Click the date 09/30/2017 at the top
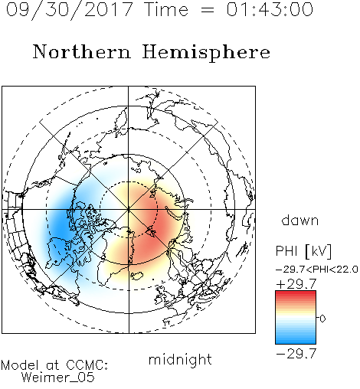tap(70, 9)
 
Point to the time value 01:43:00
tap(270, 9)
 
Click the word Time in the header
tap(166, 9)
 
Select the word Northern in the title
tap(82, 51)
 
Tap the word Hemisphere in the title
tap(206, 53)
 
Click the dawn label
tap(300, 220)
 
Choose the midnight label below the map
tap(180, 359)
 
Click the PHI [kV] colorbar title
tap(303, 251)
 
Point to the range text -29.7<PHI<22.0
tap(317, 270)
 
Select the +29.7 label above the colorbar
tap(296, 284)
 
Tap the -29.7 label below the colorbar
tap(296, 354)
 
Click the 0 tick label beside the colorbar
tap(322, 319)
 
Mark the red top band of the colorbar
tap(296, 293)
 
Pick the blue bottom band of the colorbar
tap(296, 341)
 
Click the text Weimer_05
tap(57, 378)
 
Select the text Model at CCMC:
tap(54, 365)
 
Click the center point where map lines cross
tap(129, 209)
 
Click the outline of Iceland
tap(136, 276)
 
